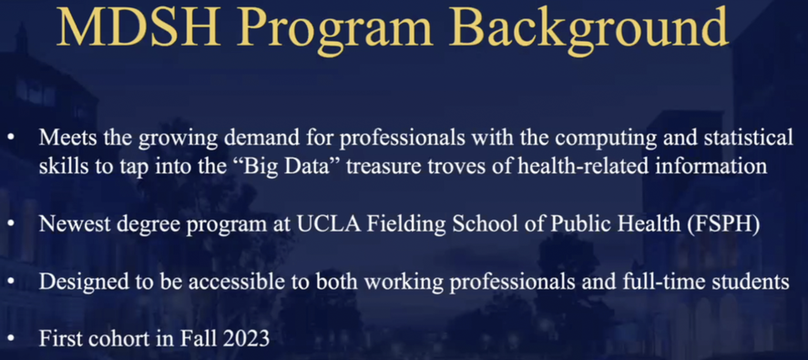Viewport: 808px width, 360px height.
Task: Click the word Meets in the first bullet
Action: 68,137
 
